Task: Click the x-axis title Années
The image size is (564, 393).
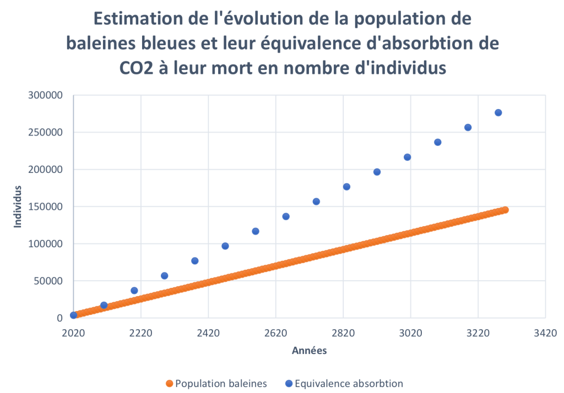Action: (309, 351)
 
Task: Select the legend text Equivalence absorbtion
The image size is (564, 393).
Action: (349, 383)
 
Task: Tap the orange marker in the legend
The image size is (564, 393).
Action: (169, 383)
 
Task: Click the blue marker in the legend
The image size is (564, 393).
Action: (289, 383)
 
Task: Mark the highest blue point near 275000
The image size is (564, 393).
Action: (498, 113)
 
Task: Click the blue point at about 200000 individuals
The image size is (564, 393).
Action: (377, 172)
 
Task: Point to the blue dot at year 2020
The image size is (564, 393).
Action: (73, 315)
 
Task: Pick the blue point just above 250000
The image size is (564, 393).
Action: (468, 127)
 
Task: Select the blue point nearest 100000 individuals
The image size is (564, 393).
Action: (225, 246)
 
